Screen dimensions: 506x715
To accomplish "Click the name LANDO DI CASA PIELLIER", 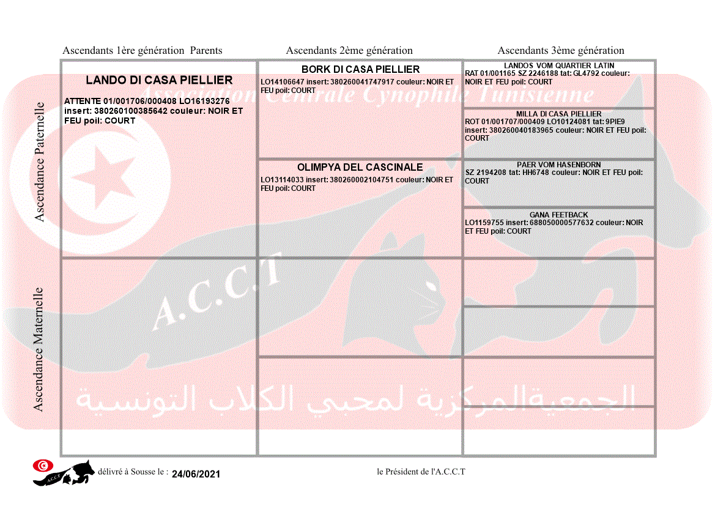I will [x=159, y=80].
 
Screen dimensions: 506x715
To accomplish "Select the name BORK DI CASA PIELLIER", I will [x=360, y=70].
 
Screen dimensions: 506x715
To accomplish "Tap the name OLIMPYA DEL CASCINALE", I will [x=360, y=167].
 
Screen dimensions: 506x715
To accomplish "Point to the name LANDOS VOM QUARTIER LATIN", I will [x=559, y=65].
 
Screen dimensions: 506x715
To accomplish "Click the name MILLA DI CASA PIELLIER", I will [x=558, y=114].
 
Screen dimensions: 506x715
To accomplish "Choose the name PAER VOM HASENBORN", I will [x=558, y=165].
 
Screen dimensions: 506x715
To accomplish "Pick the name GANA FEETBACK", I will [x=558, y=215].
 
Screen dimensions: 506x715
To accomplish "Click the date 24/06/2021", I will [x=196, y=474].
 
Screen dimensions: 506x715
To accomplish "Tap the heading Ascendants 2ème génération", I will [x=349, y=51].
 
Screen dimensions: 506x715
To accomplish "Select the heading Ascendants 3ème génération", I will [x=561, y=51].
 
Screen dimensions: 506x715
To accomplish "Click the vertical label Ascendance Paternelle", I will [x=40, y=162].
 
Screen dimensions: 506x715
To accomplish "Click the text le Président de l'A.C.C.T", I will [x=421, y=472].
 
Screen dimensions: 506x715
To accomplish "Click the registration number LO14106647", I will [x=282, y=81].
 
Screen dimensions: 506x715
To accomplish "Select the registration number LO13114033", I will [x=282, y=180].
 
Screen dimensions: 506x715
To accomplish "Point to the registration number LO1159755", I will [x=484, y=223].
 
